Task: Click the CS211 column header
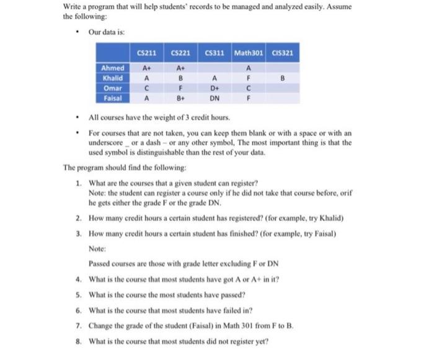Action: pos(147,53)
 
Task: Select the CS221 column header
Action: pos(181,53)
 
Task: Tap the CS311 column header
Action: pos(215,53)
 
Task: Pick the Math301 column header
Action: pos(249,53)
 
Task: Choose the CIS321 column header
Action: pos(282,53)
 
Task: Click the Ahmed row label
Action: pos(113,68)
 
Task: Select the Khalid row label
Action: pos(113,78)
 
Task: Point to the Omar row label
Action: pos(113,88)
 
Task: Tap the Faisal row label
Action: pos(113,97)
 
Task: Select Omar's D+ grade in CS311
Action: pos(215,88)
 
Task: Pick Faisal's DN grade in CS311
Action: pos(215,97)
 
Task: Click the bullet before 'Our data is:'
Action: pos(75,33)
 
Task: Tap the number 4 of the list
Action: pos(79,279)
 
